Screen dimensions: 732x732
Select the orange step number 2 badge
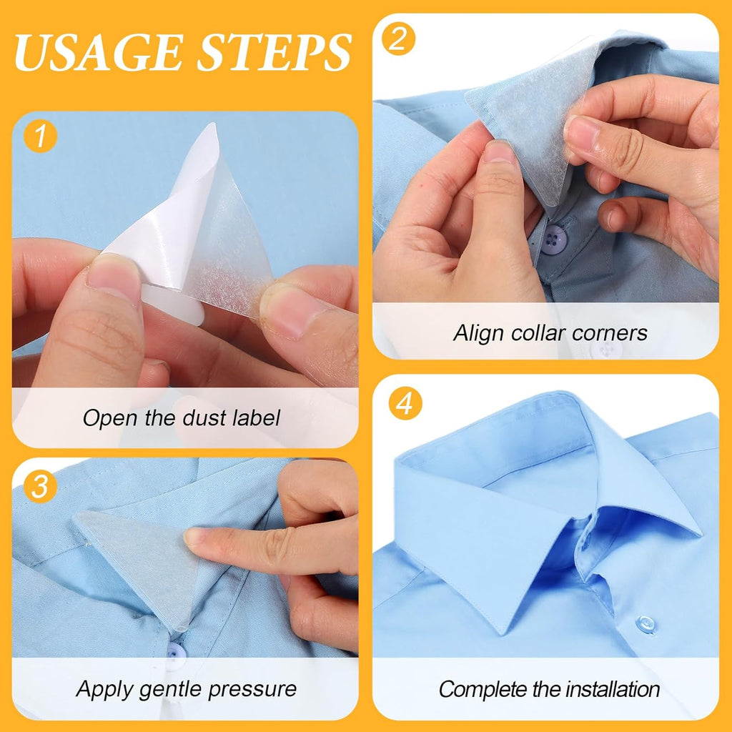pos(398,40)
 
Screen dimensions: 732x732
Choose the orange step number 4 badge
pos(405,404)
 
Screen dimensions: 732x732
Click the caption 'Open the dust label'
pos(181,417)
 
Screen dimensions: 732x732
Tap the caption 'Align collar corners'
pos(550,332)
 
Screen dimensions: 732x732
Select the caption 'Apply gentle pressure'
pos(186,689)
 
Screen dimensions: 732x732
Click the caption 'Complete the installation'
pos(549,689)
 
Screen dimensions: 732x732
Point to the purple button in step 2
pos(555,238)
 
